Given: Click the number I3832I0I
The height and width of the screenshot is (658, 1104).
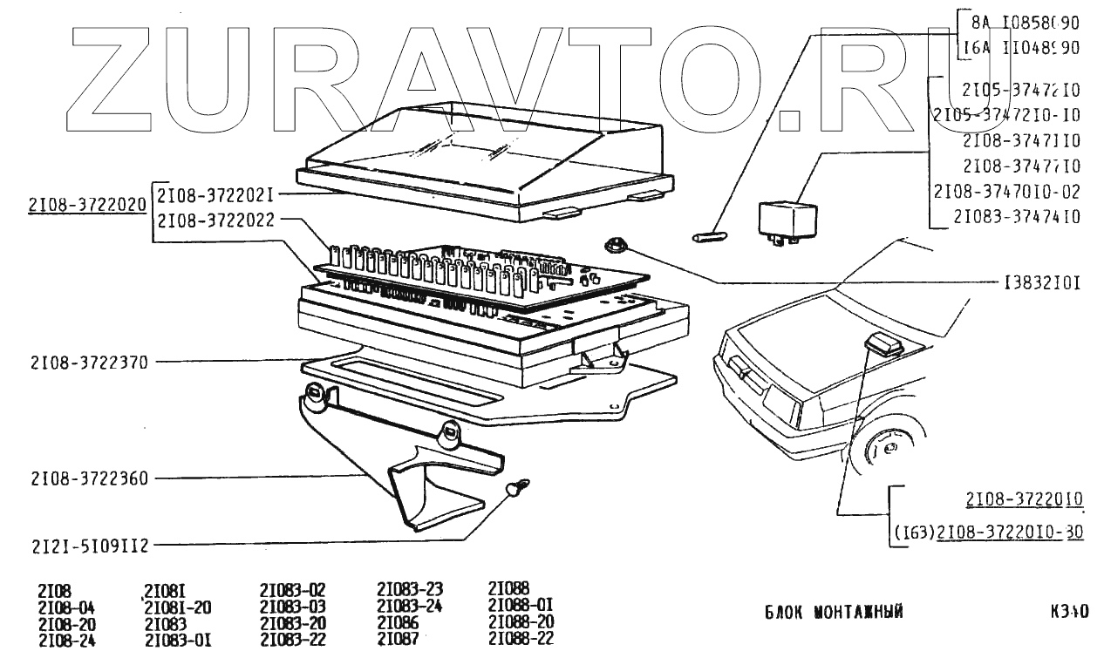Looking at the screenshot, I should [1043, 283].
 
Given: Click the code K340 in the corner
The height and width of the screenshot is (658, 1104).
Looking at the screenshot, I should [1069, 612].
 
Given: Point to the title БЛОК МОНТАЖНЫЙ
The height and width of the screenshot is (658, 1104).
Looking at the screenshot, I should [834, 612].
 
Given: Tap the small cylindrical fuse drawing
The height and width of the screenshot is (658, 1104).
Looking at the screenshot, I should [709, 236].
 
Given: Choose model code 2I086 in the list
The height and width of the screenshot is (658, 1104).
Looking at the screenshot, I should [398, 623].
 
